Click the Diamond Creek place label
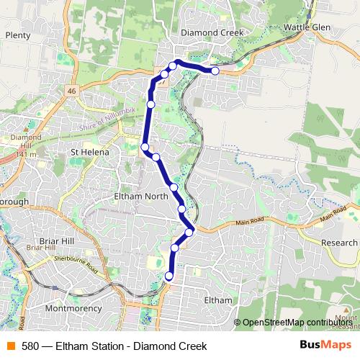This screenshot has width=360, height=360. [212, 33]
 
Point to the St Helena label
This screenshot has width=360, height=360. [89, 152]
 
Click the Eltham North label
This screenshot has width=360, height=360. [140, 195]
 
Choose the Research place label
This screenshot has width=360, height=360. [339, 243]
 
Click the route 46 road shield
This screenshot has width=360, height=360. [71, 91]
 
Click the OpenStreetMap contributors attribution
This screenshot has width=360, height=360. [297, 323]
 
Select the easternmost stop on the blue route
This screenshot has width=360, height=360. [215, 71]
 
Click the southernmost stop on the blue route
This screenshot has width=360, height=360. [170, 276]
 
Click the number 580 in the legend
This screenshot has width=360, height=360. [30, 346]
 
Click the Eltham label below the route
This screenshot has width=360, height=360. [218, 300]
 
